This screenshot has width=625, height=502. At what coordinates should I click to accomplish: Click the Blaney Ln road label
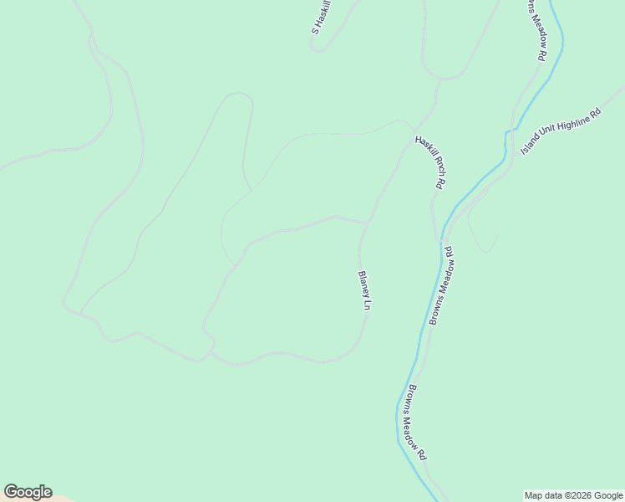pyautogui.click(x=363, y=291)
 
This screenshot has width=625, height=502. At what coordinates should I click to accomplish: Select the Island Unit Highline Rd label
pyautogui.click(x=560, y=131)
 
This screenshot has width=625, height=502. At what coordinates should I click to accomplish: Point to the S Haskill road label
pyautogui.click(x=322, y=18)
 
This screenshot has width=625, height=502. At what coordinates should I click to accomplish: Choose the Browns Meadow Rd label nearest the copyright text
pyautogui.click(x=417, y=423)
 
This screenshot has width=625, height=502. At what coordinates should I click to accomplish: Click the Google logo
pyautogui.click(x=28, y=492)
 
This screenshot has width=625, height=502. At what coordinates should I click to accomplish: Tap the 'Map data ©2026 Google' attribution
pyautogui.click(x=574, y=495)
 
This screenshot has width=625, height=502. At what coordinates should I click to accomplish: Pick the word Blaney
pyautogui.click(x=363, y=284)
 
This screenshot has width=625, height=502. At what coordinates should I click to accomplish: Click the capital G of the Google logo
pyautogui.click(x=10, y=492)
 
